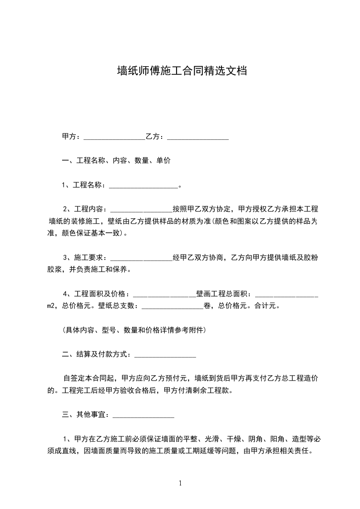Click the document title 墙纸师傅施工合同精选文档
[182, 71]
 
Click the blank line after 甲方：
[114, 137]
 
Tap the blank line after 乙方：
[197, 137]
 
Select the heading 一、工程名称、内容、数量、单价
[116, 161]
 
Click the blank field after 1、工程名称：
[143, 185]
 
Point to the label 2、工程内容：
[86, 209]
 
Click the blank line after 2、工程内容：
[141, 210]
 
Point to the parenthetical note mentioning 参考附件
[134, 330]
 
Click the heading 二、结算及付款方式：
[98, 354]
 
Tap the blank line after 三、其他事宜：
[143, 415]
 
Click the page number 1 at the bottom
[180, 483]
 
